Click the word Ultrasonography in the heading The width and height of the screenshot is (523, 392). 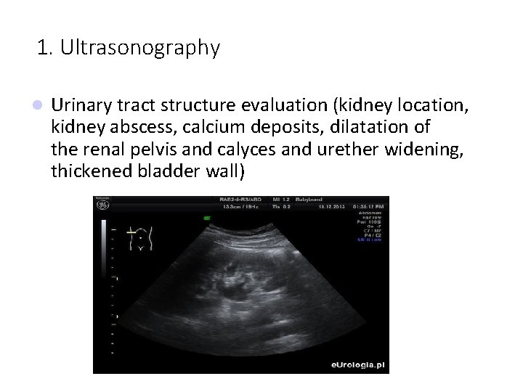click(x=140, y=49)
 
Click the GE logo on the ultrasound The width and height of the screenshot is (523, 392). click(x=102, y=205)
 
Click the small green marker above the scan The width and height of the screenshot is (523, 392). click(x=207, y=216)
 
